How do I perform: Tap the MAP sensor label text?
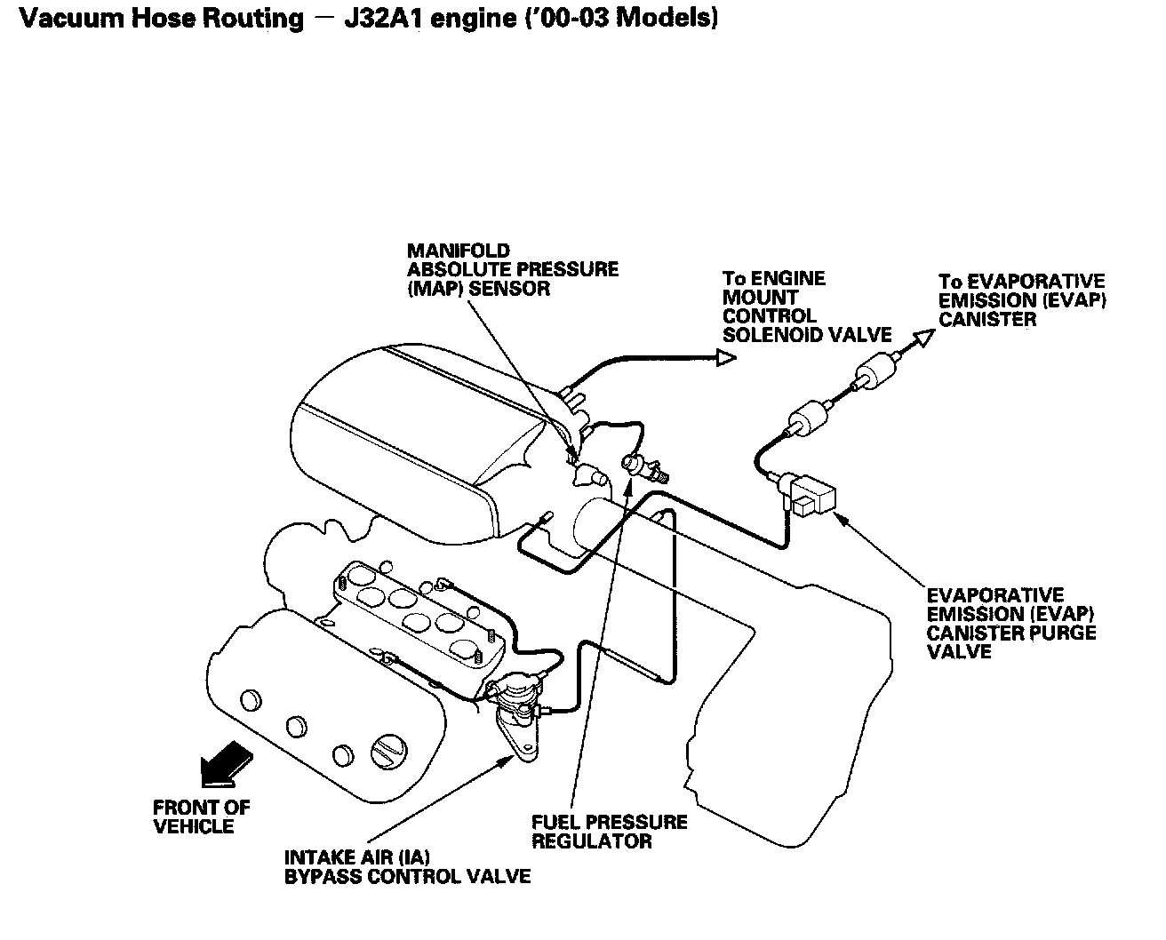513,270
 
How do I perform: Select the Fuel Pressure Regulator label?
609,832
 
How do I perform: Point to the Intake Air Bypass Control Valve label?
406,867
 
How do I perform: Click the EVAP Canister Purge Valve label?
1010,623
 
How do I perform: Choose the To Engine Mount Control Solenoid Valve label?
806,307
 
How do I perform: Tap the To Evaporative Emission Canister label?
1022,300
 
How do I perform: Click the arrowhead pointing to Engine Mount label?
726,357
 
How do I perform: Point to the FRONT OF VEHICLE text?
201,817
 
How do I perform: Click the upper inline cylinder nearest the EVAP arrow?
873,373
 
